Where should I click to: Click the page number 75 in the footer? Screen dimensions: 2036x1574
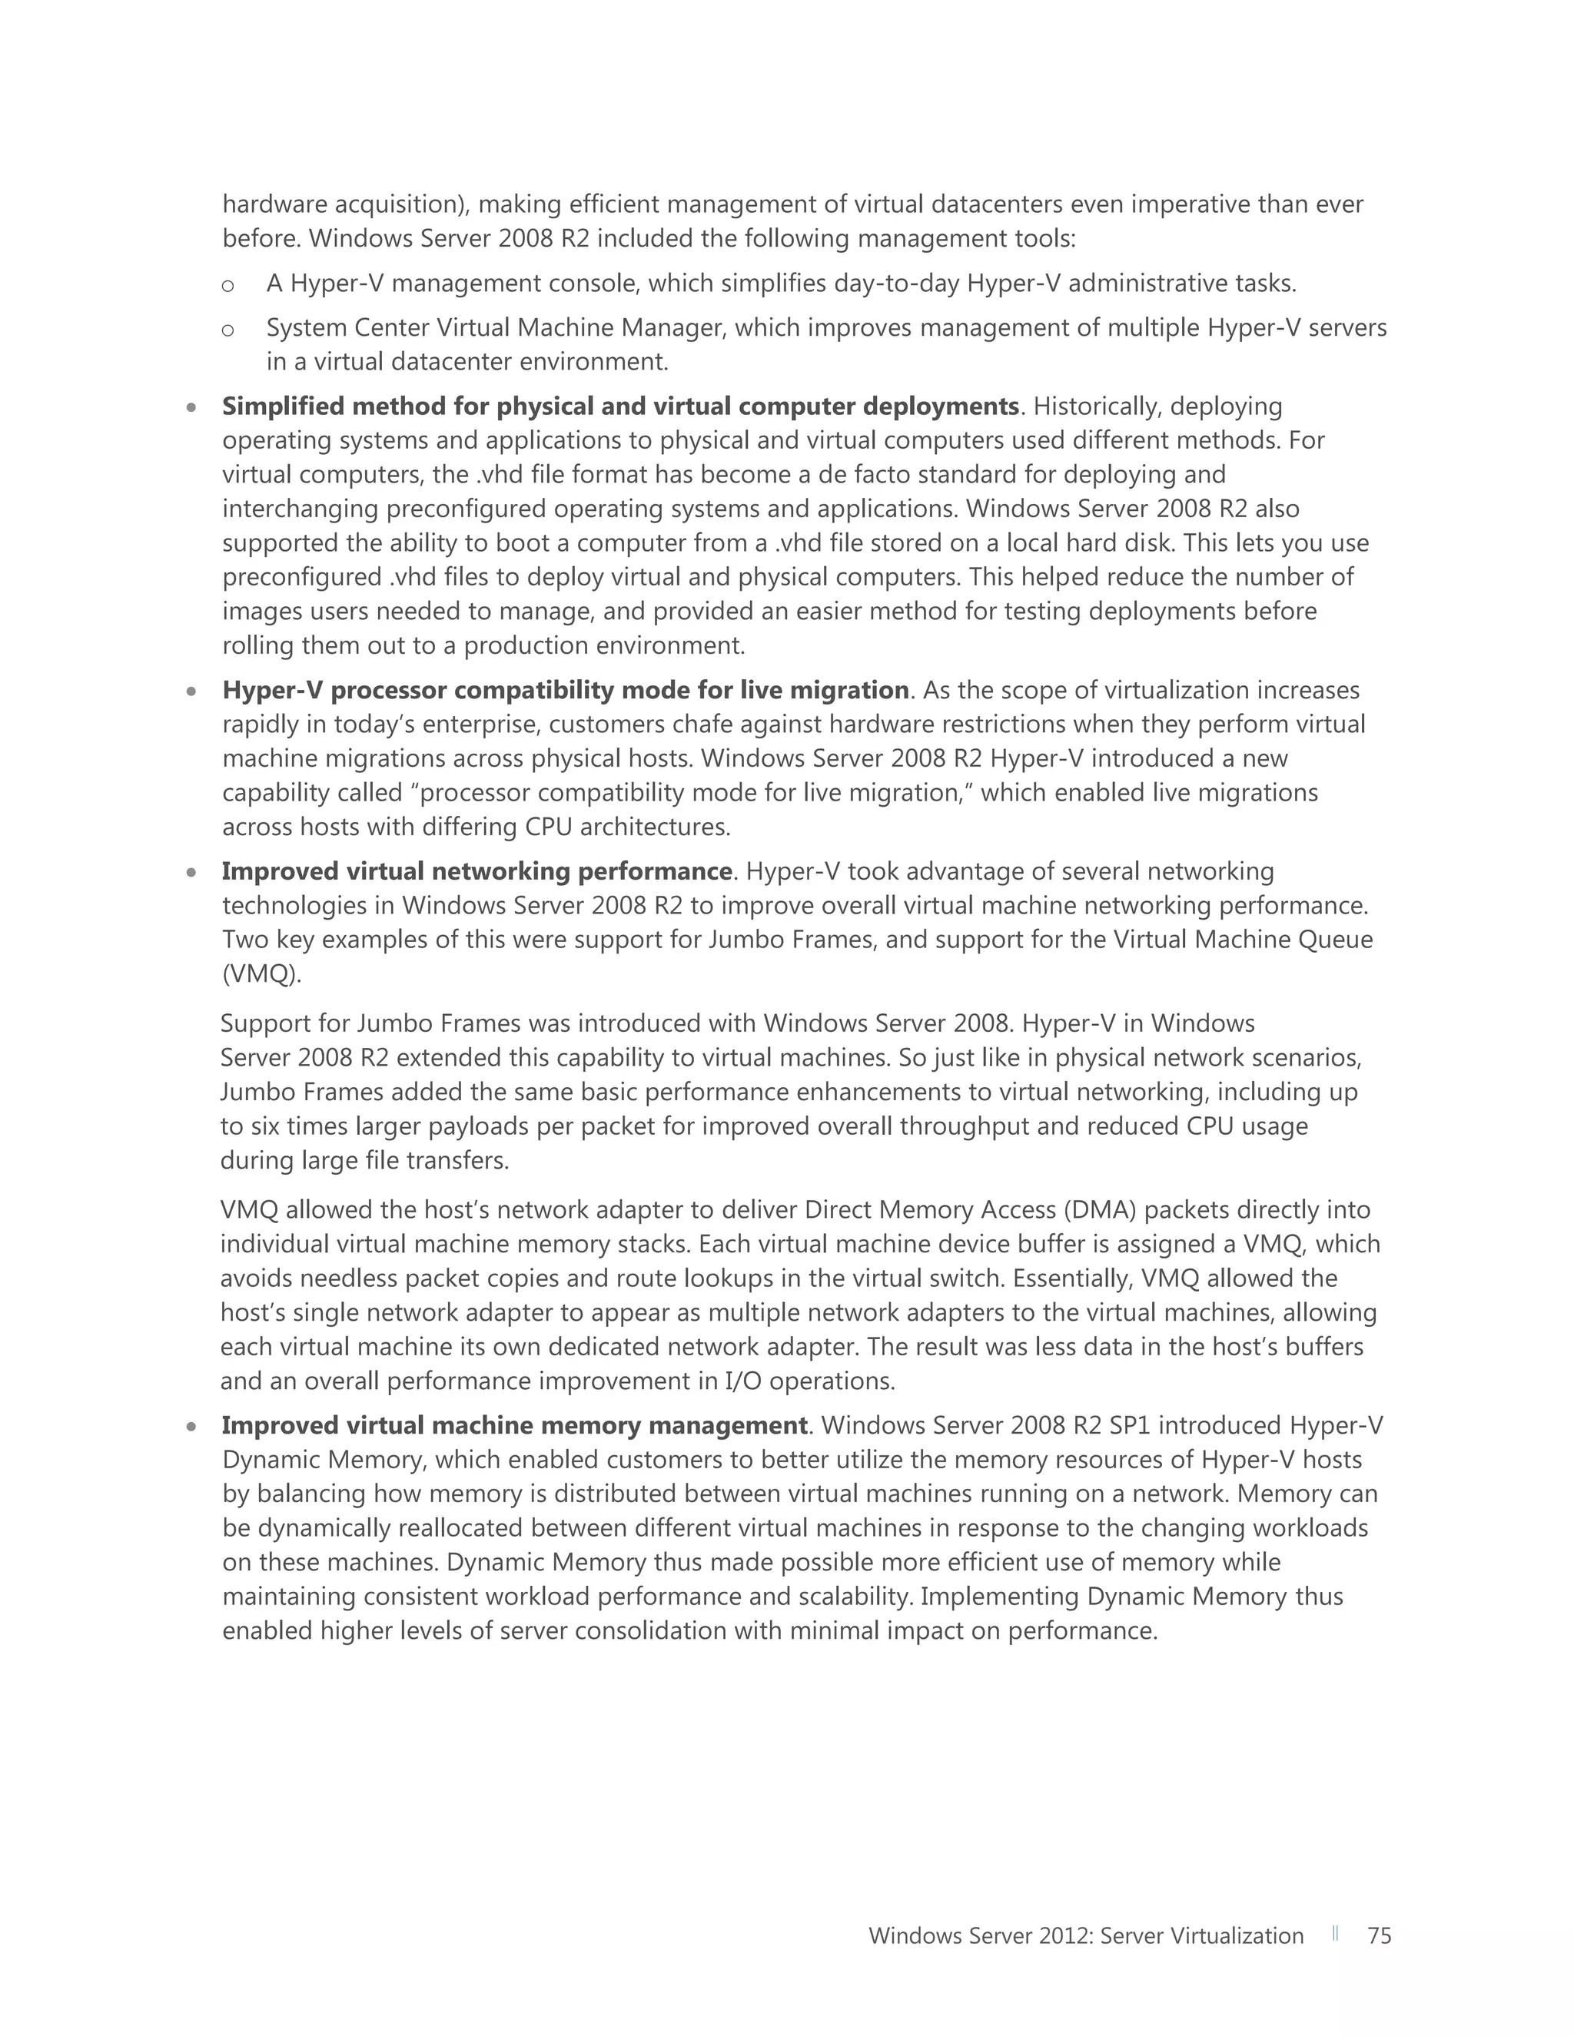(x=1378, y=1936)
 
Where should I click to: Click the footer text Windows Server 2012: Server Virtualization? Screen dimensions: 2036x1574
(x=1085, y=1936)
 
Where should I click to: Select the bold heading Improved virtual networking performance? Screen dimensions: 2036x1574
(x=477, y=872)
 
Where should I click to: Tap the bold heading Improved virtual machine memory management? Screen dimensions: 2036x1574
(x=514, y=1425)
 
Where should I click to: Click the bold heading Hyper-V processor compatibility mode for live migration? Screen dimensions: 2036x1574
(x=565, y=691)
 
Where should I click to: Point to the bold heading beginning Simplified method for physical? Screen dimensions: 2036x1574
(x=620, y=406)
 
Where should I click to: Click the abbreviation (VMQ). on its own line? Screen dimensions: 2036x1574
(x=262, y=974)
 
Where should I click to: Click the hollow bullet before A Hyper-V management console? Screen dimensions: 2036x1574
(x=227, y=285)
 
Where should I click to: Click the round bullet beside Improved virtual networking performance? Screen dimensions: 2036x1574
(x=191, y=874)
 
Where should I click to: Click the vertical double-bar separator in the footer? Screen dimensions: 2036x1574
(x=1335, y=1934)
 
